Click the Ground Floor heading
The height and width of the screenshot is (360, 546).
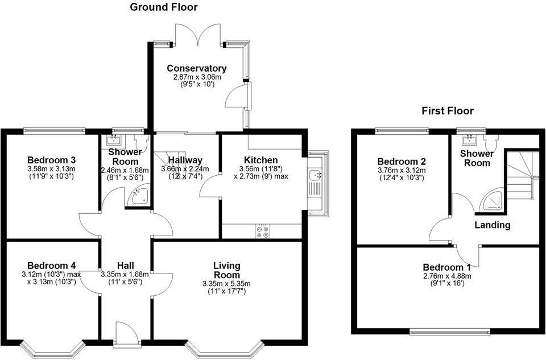pyautogui.click(x=164, y=7)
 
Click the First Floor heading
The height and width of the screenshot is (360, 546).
pyautogui.click(x=447, y=111)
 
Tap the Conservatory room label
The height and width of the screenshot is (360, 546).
pyautogui.click(x=196, y=69)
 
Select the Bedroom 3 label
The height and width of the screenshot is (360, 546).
pyautogui.click(x=52, y=160)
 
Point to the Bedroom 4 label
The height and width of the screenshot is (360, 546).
pyautogui.click(x=52, y=266)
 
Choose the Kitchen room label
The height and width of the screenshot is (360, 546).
pyautogui.click(x=260, y=160)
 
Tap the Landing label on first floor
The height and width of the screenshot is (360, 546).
pyautogui.click(x=493, y=225)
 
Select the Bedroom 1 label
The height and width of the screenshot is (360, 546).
pyautogui.click(x=446, y=267)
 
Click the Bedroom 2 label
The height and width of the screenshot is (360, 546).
pyautogui.click(x=401, y=161)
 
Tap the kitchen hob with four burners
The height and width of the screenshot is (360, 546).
pyautogui.click(x=263, y=231)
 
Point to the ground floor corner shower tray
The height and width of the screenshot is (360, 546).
pyautogui.click(x=139, y=197)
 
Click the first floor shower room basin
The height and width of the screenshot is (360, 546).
pyautogui.click(x=471, y=138)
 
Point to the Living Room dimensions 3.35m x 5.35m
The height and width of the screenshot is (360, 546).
pyautogui.click(x=226, y=284)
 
